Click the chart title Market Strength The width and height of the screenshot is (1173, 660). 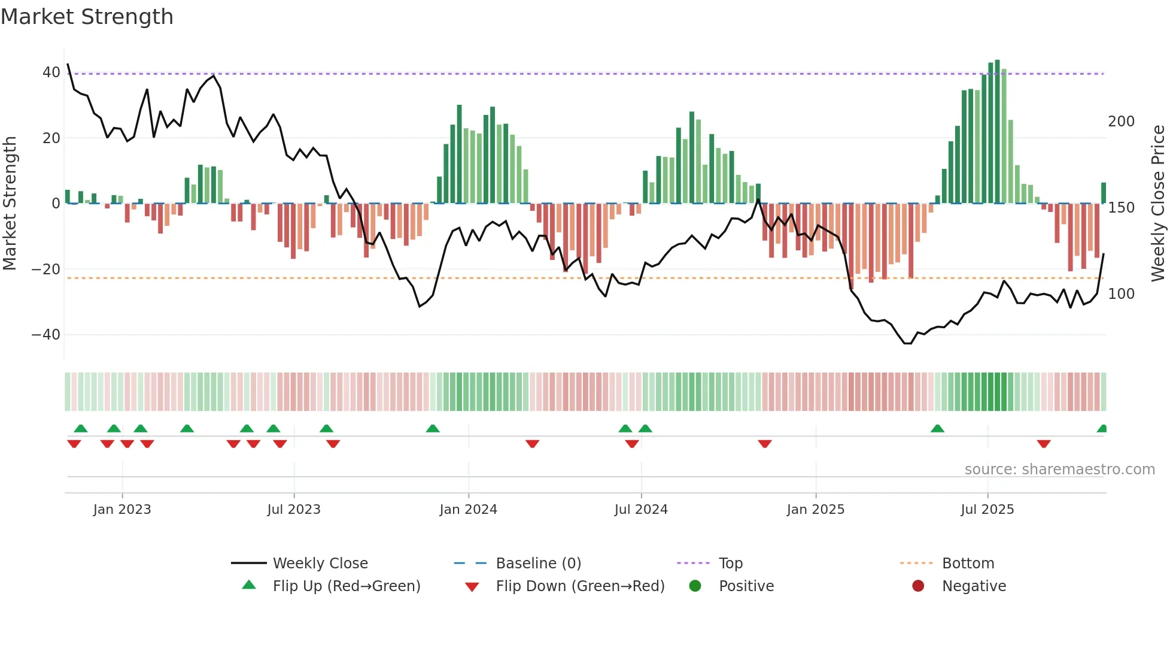point(87,17)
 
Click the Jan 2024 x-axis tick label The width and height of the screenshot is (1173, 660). point(468,509)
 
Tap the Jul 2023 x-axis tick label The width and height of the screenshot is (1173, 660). point(294,509)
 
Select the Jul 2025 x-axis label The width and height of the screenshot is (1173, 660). point(987,509)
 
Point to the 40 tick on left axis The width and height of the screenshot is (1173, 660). point(51,72)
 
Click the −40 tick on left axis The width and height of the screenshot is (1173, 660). point(46,334)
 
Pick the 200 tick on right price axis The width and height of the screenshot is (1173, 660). point(1121,122)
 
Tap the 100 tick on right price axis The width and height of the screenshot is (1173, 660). point(1121,294)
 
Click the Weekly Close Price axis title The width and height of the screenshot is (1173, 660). point(1158,204)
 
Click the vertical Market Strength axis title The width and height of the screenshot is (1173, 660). point(10,204)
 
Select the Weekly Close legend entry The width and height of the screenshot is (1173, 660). point(320,563)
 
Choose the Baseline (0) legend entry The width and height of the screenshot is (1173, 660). point(538,563)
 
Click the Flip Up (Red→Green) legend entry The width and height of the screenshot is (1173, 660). point(346,586)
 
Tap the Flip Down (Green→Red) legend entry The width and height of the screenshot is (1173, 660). point(579,586)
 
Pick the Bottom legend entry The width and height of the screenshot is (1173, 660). point(967,563)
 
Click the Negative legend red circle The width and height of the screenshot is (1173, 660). point(918,586)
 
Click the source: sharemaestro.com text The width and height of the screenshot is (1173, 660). point(1059,470)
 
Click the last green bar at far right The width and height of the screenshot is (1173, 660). point(1103,193)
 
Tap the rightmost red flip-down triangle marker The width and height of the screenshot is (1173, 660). point(1044,444)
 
